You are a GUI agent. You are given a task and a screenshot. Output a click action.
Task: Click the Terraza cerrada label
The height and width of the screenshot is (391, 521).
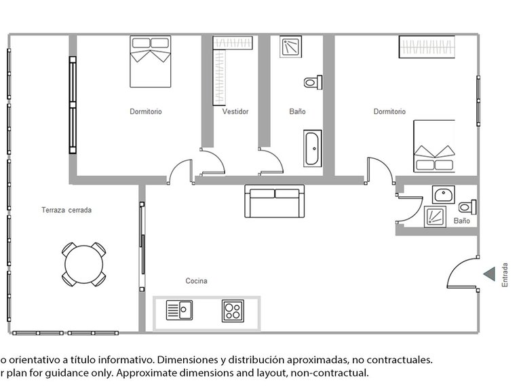(x=66, y=210)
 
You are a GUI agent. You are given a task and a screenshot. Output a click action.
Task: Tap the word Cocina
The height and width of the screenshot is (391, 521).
(x=197, y=281)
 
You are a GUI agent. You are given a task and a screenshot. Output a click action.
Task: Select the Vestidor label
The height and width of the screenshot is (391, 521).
(x=235, y=112)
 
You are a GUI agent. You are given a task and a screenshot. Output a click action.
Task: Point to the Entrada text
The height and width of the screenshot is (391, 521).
(x=504, y=275)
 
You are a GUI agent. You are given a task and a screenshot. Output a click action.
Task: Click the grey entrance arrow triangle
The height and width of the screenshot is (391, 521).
(x=488, y=274)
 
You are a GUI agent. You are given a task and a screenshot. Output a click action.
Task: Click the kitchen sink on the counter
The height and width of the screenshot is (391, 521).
(x=179, y=311)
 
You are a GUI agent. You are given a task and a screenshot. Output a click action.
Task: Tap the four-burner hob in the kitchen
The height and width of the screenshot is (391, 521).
(x=233, y=312)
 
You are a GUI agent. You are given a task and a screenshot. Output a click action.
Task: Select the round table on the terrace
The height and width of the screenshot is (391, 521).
(x=84, y=263)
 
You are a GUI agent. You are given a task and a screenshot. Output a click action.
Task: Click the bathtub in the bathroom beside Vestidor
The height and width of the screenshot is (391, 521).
(x=313, y=149)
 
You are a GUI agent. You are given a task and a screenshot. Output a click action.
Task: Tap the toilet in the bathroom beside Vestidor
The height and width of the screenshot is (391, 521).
(x=311, y=82)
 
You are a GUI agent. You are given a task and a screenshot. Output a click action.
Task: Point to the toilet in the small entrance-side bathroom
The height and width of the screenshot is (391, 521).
(x=467, y=206)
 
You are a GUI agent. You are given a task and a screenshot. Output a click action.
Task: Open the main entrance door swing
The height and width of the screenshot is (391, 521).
(x=461, y=275)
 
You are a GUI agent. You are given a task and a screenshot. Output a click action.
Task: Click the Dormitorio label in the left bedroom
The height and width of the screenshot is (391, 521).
(x=146, y=112)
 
